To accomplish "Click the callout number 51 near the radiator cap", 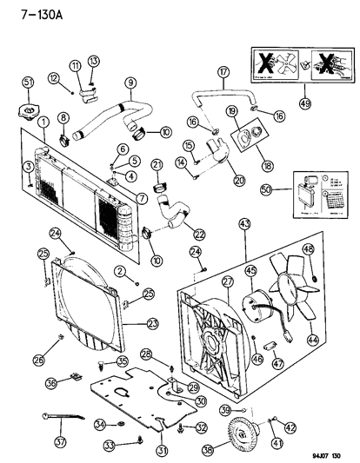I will point(27,83).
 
